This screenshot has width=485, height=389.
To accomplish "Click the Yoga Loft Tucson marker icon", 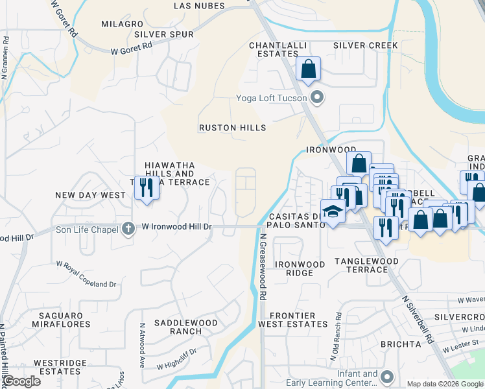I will (317, 99).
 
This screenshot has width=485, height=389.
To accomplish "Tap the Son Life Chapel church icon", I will (128, 228).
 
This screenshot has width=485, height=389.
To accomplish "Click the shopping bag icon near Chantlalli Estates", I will (308, 69).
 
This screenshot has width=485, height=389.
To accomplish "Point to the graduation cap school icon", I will (333, 212).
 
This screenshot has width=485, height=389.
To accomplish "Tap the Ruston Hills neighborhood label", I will (232, 128).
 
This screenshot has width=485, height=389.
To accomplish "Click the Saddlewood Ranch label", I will (177, 327).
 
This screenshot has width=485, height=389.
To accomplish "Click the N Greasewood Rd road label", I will (263, 266).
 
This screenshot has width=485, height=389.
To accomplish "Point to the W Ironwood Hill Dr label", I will (177, 227).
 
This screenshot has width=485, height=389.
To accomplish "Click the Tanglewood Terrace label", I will (366, 265).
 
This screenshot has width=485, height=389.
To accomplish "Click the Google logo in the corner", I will (21, 381).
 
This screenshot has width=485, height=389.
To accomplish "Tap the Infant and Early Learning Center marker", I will (387, 377).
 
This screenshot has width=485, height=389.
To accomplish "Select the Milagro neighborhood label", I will (117, 23).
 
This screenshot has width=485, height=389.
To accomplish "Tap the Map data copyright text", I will (445, 384).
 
